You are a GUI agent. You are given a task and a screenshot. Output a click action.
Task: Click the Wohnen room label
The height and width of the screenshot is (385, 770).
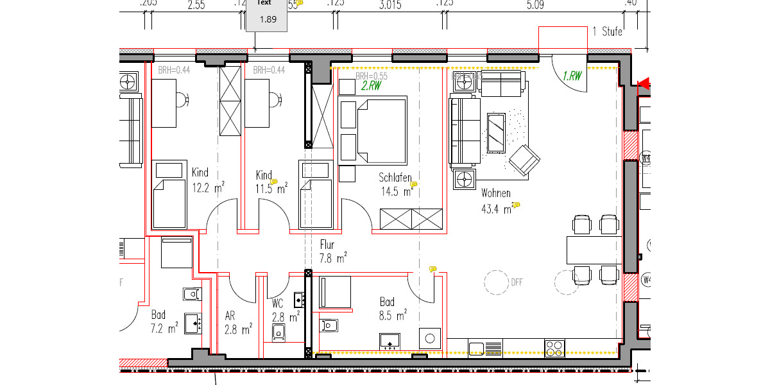click(496, 193)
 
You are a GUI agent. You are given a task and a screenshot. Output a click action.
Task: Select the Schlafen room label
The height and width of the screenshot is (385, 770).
click(395, 178)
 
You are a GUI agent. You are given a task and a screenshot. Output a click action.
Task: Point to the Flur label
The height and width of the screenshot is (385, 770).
click(328, 244)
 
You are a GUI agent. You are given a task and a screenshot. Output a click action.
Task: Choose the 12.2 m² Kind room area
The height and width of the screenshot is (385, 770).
click(208, 188)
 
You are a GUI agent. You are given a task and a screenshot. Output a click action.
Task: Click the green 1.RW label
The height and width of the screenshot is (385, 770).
click(572, 76)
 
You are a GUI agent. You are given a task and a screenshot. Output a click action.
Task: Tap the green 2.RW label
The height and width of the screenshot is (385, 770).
click(371, 85)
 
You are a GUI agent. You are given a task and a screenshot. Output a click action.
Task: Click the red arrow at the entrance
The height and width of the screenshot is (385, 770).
click(644, 83)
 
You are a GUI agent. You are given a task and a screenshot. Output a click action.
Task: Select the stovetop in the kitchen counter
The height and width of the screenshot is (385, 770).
click(554, 348)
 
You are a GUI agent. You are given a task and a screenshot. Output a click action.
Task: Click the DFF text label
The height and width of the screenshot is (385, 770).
click(517, 280)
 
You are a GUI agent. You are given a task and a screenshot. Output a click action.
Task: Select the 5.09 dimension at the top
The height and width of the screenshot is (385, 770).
click(535, 5)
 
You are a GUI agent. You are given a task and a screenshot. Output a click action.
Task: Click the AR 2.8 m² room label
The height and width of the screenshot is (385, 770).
click(238, 323)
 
